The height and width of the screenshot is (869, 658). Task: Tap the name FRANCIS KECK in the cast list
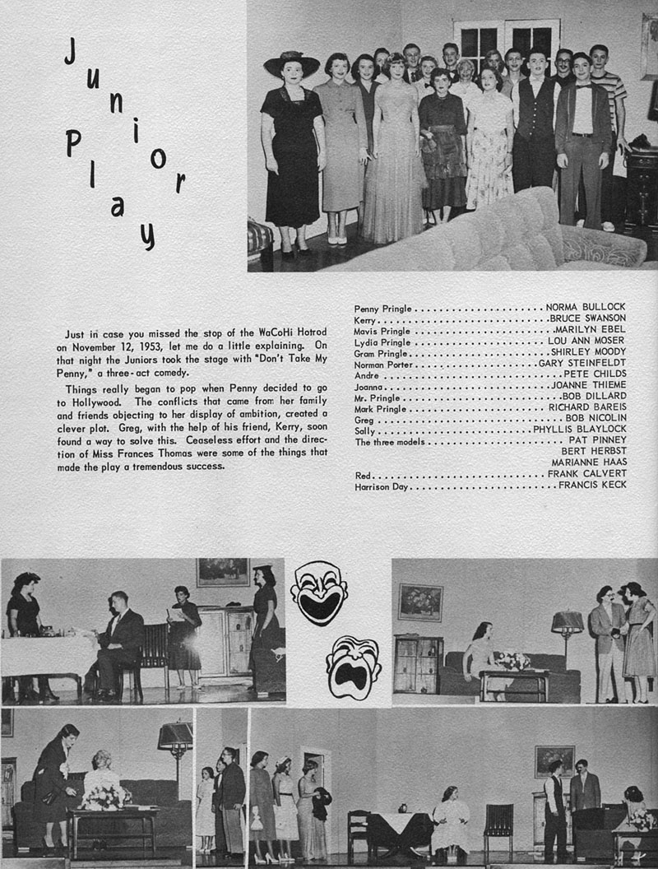coord(592,486)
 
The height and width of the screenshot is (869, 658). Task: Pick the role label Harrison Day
coord(382,486)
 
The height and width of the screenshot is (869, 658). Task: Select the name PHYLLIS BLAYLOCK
coord(579,430)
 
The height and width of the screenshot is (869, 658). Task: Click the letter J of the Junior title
coord(72,53)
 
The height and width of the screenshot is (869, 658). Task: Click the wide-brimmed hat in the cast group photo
coord(291,62)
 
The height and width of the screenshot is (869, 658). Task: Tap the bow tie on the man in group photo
coord(585,85)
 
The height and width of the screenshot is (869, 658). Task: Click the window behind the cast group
coord(505,43)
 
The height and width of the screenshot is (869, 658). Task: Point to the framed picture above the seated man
coord(222,572)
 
